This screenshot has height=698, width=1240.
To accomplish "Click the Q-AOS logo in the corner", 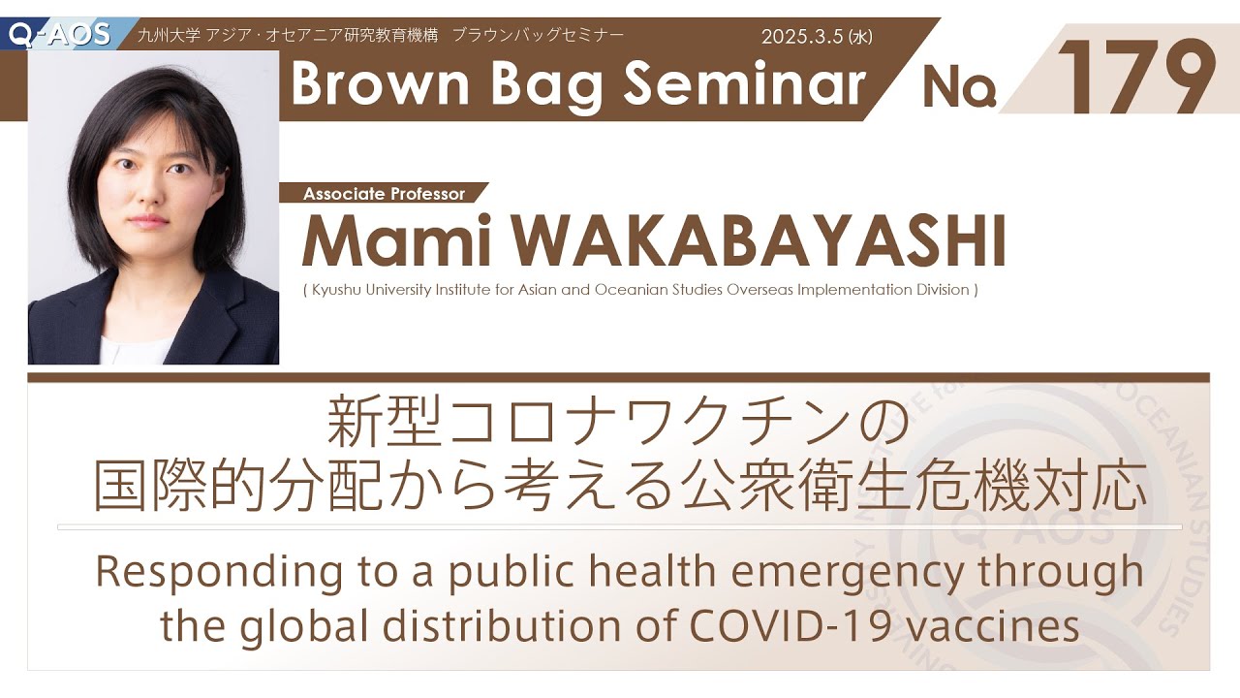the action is pyautogui.click(x=60, y=34).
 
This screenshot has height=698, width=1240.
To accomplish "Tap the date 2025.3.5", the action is pyautogui.click(x=802, y=37).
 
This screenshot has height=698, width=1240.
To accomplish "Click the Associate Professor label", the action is pyautogui.click(x=385, y=194).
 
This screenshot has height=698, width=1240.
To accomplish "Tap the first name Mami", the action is pyautogui.click(x=396, y=242).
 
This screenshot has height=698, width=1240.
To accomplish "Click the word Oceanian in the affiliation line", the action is pyautogui.click(x=631, y=290).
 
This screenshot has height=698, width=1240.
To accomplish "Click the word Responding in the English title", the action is pyautogui.click(x=219, y=574).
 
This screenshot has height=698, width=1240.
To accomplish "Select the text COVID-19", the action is pyautogui.click(x=790, y=626).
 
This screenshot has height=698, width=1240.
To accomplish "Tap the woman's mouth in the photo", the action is pyautogui.click(x=148, y=220).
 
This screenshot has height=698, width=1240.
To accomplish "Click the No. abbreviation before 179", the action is pyautogui.click(x=959, y=87).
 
